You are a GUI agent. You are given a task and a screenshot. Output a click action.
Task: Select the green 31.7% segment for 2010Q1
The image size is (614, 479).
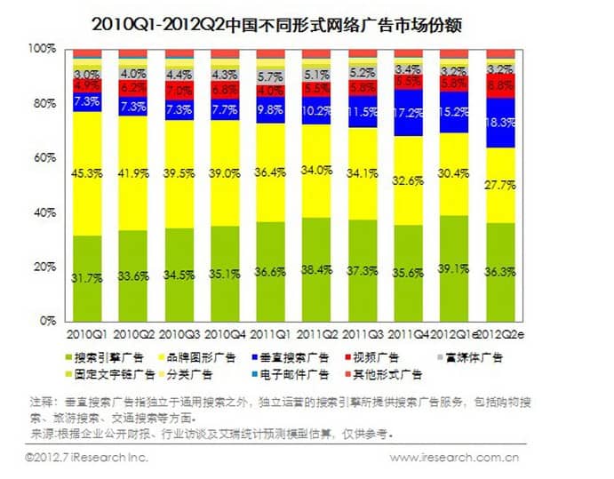87,277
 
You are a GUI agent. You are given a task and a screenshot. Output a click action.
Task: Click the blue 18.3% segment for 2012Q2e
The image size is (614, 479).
500,123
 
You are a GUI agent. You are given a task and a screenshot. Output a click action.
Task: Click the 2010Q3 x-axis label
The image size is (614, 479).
179,336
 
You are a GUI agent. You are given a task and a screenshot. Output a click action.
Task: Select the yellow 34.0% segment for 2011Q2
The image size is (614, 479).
317,169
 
